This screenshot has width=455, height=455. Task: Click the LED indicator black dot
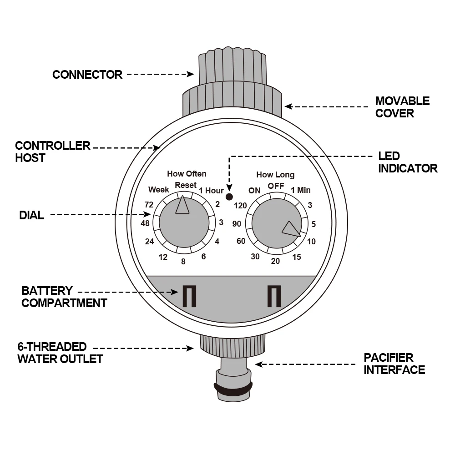(229, 197)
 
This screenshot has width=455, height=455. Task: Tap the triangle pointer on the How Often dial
(182, 206)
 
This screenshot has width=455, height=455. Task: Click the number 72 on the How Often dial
(149, 205)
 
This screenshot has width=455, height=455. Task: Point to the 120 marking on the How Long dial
(240, 206)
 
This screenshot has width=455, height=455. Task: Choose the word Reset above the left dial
(186, 185)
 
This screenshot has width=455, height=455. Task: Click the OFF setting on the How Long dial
(276, 186)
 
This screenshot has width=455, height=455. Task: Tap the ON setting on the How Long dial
(254, 191)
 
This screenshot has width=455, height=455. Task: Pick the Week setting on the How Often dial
(158, 190)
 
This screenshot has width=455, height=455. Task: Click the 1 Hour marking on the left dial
(212, 191)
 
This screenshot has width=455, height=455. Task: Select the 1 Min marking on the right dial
(301, 190)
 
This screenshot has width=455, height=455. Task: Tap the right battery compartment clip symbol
(274, 296)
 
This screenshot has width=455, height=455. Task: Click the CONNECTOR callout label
(87, 75)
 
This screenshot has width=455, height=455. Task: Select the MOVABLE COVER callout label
(402, 107)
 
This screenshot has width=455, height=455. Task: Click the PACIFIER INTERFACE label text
(394, 364)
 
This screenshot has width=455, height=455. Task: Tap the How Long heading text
(275, 175)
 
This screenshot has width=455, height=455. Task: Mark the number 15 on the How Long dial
(297, 258)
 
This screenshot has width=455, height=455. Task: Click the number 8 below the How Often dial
(183, 262)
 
